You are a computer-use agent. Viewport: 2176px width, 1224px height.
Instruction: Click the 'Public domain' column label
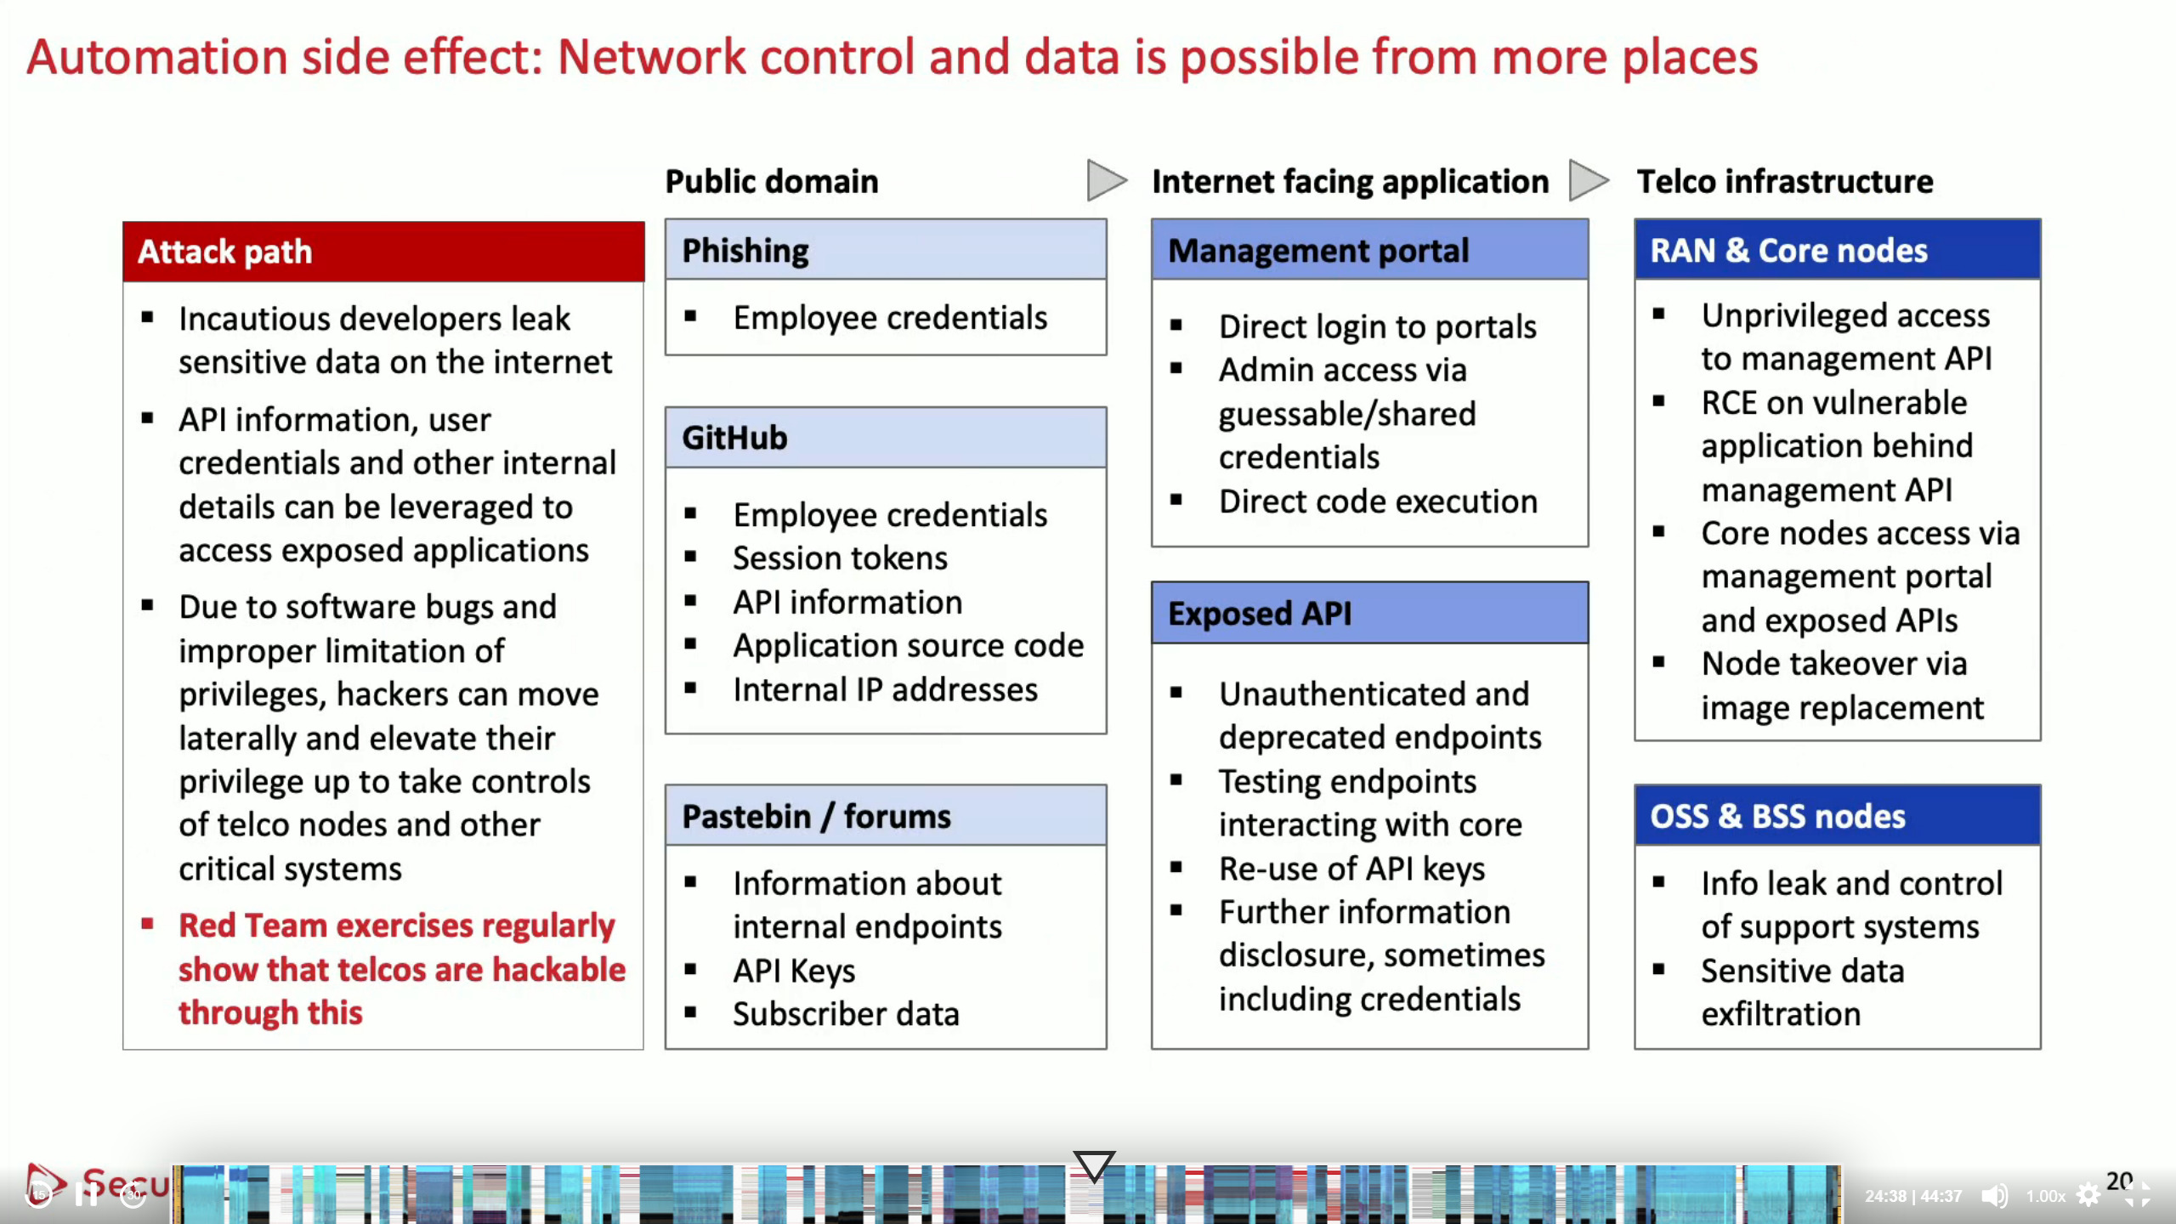pyautogui.click(x=771, y=182)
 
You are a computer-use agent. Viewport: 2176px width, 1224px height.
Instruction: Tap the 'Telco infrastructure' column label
pyautogui.click(x=1784, y=182)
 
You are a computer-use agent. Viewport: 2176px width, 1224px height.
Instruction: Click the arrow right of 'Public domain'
pyautogui.click(x=1107, y=180)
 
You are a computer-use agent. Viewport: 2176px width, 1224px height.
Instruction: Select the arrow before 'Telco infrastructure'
pyautogui.click(x=1589, y=180)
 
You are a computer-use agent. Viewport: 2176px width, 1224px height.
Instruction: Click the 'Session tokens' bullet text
pyautogui.click(x=840, y=558)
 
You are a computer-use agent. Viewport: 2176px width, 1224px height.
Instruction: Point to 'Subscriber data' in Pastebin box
pyautogui.click(x=846, y=1014)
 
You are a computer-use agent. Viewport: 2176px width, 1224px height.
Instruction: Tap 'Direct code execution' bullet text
pyautogui.click(x=1378, y=501)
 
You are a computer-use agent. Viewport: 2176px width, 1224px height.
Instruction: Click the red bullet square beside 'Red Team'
pyautogui.click(x=148, y=924)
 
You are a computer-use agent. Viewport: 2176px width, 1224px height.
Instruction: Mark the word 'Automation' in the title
pyautogui.click(x=158, y=58)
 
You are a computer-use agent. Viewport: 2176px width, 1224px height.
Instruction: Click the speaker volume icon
pyautogui.click(x=1994, y=1195)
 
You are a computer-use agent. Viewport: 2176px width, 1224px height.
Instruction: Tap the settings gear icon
pyautogui.click(x=2088, y=1195)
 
